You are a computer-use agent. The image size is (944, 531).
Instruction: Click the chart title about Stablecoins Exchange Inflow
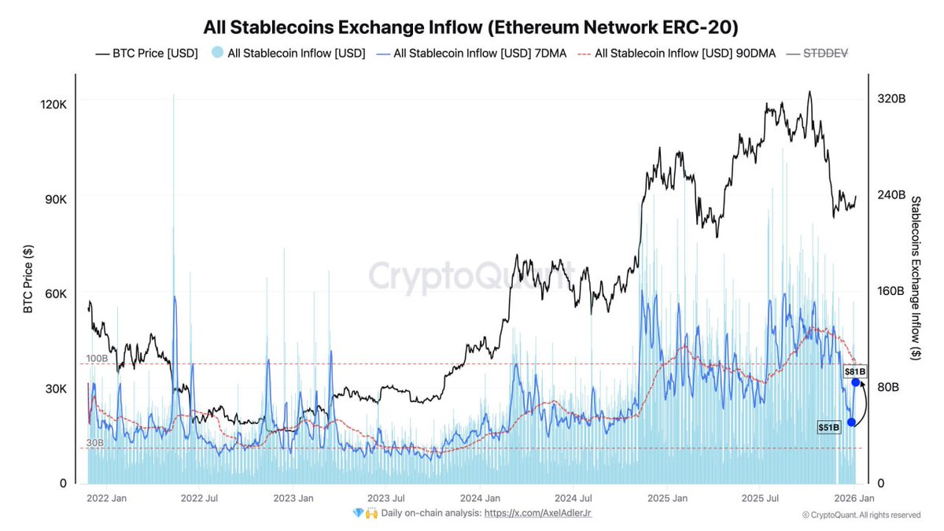pos(470,28)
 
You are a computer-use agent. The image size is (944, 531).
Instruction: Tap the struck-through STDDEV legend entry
pos(825,53)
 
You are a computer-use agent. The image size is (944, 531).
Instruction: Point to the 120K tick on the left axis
pos(53,105)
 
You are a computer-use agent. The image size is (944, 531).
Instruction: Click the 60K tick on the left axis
pos(54,293)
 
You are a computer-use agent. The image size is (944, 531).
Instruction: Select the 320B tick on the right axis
pos(891,99)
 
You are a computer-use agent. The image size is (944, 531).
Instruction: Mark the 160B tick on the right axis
pos(891,291)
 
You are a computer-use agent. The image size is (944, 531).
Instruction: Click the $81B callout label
pos(855,371)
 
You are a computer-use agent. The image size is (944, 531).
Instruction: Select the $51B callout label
pos(829,426)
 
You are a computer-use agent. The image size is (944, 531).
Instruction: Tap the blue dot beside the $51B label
pos(851,422)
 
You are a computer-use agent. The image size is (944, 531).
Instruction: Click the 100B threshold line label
pos(96,359)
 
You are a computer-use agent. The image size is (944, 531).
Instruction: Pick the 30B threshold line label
pos(94,443)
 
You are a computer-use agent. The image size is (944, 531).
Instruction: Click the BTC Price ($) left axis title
pos(28,279)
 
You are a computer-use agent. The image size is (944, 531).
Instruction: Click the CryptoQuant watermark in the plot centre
pos(470,277)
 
